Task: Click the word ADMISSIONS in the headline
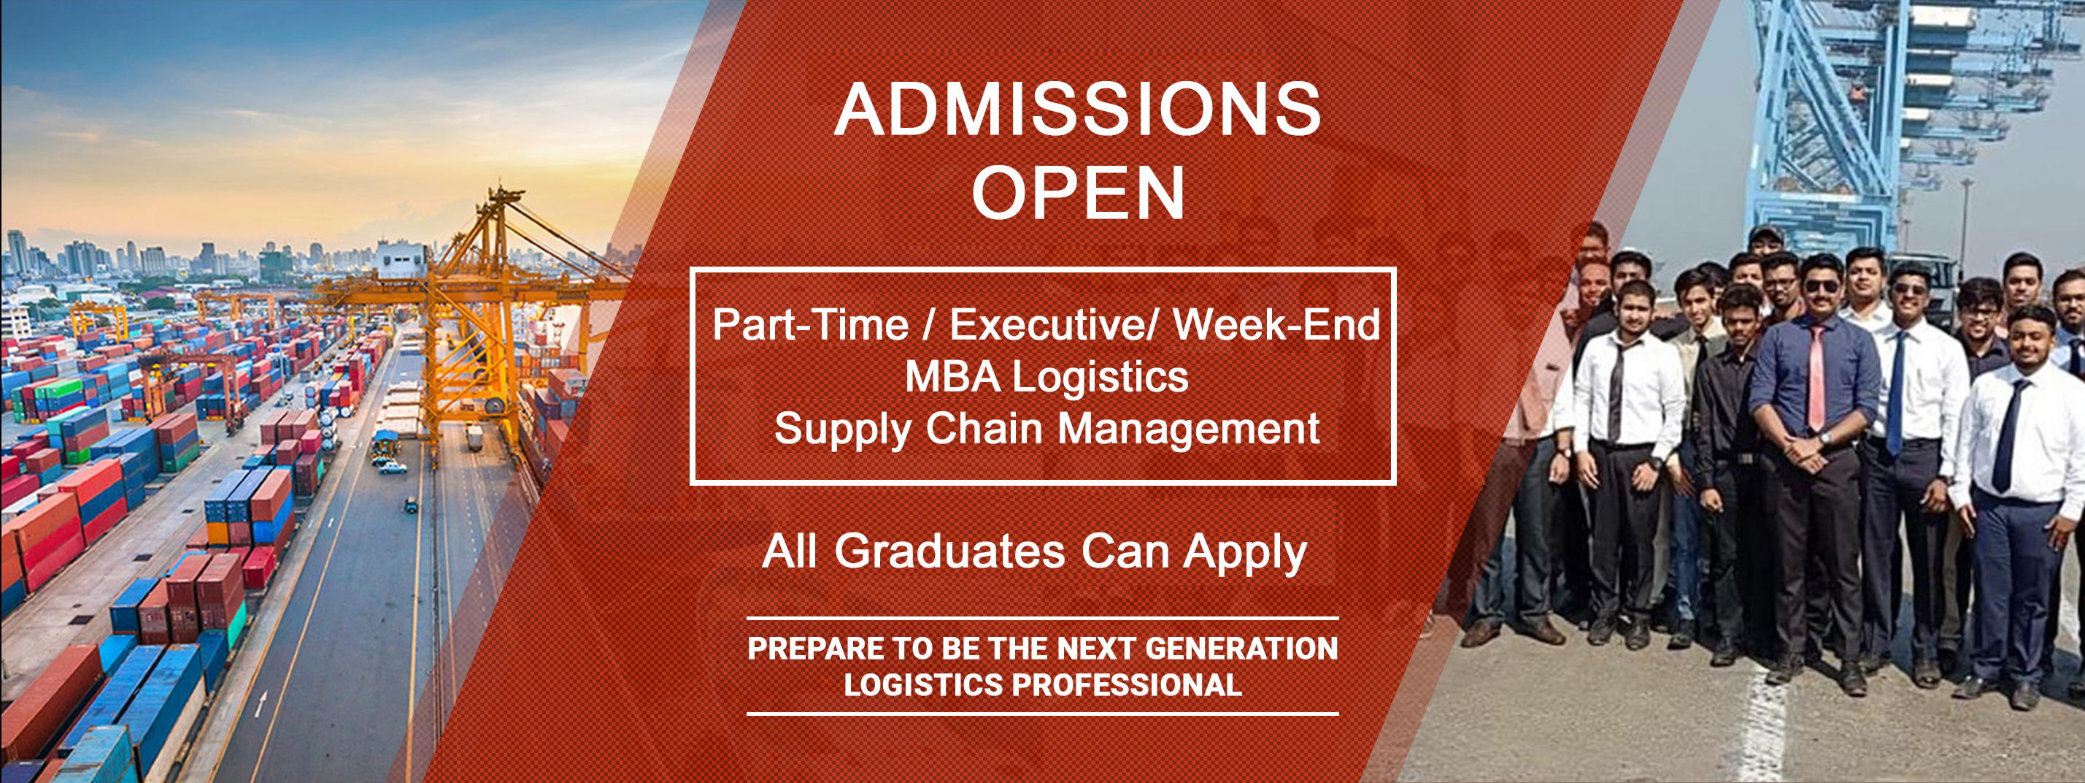[1078, 110]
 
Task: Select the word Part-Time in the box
[810, 325]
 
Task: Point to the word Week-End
[1276, 325]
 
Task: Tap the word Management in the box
[1188, 429]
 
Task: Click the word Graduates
[949, 551]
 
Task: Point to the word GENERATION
[1241, 649]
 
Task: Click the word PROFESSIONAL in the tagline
[1128, 685]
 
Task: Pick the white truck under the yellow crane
[474, 439]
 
